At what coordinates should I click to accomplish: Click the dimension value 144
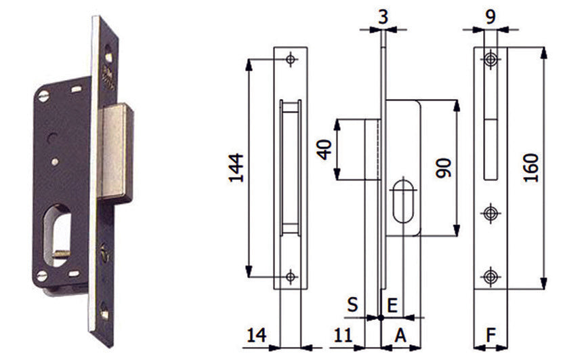click(x=236, y=167)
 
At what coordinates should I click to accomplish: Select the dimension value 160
click(x=530, y=167)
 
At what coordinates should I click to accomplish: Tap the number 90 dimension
click(x=444, y=168)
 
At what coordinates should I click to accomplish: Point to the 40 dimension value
click(x=325, y=149)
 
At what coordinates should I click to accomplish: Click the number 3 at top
click(x=383, y=17)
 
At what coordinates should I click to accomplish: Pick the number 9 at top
click(x=491, y=17)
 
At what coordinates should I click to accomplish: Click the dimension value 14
click(x=257, y=336)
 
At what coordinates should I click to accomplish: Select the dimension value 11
click(x=342, y=336)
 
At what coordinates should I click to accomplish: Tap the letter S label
click(x=352, y=304)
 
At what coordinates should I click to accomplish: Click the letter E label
click(x=392, y=306)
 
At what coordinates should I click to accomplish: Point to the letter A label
click(x=400, y=336)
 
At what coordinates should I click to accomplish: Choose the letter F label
click(x=491, y=336)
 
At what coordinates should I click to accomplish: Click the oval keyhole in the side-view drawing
click(x=403, y=201)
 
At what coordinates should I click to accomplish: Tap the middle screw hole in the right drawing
click(x=491, y=214)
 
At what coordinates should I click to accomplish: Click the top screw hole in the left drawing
click(x=291, y=59)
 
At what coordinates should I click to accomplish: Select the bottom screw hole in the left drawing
click(x=291, y=277)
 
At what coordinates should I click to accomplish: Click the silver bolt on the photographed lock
click(x=115, y=153)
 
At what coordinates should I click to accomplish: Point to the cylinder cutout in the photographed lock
click(x=57, y=235)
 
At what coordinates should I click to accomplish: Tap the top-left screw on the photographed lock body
click(x=43, y=96)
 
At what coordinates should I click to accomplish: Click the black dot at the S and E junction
click(x=381, y=318)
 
